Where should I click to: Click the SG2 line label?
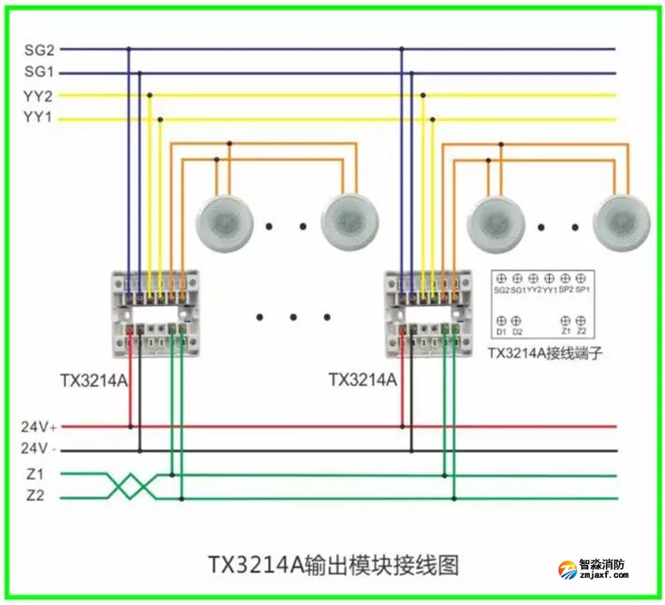click(x=39, y=49)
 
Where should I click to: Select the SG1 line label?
click(x=39, y=72)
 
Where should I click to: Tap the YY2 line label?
click(x=39, y=95)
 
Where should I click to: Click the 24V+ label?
click(x=39, y=426)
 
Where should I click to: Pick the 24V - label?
click(x=39, y=449)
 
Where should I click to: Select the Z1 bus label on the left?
click(x=35, y=474)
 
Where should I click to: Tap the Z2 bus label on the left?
click(x=35, y=497)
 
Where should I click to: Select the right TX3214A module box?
click(x=427, y=311)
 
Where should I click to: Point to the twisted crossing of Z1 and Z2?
click(x=132, y=487)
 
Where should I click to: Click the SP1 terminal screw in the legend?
click(x=581, y=279)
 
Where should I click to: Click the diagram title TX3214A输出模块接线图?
click(x=333, y=564)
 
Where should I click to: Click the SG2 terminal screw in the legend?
click(x=501, y=279)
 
